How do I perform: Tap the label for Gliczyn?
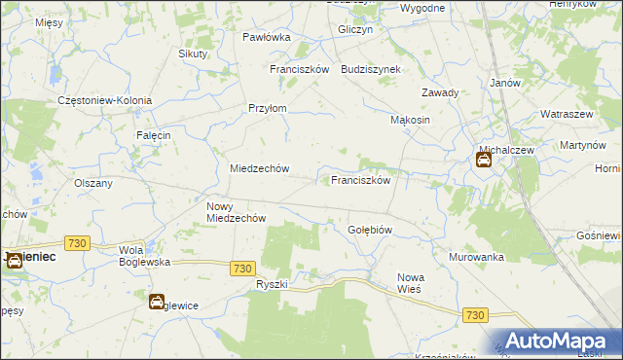coord(355,30)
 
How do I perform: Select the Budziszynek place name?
coord(378,70)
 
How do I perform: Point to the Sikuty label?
coord(193,54)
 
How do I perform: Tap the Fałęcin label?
coord(154,135)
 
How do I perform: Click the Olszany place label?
coord(93,182)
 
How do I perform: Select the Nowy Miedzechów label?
coord(237,212)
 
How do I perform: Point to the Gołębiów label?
coord(370,230)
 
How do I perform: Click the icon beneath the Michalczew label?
coord(484,161)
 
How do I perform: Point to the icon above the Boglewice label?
coord(156,302)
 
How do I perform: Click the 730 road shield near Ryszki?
coord(243,268)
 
